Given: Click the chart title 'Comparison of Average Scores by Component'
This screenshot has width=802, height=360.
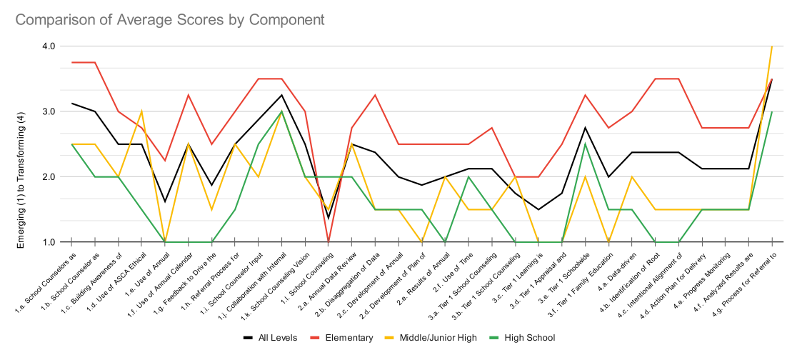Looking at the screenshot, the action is click(169, 20).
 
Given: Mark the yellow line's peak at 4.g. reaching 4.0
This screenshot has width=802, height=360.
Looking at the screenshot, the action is click(771, 46).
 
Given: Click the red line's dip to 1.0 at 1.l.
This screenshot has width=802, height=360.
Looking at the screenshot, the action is click(328, 241).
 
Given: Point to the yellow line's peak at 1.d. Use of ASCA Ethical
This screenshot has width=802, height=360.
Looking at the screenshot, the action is click(141, 111).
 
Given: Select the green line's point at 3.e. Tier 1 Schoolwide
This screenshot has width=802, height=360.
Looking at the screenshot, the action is click(585, 144).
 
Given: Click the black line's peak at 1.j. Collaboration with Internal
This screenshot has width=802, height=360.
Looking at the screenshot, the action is click(281, 94).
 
